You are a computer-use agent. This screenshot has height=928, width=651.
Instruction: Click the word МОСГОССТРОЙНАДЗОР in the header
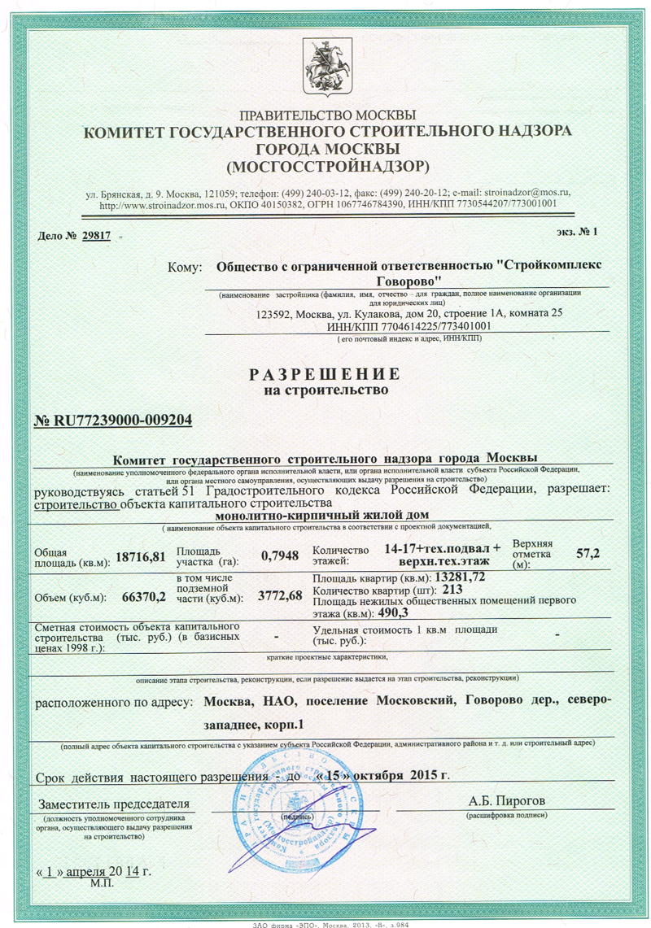coord(328,168)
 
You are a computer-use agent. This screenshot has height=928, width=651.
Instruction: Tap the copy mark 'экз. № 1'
coord(575,232)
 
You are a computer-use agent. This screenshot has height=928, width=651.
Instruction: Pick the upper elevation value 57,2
coord(587,553)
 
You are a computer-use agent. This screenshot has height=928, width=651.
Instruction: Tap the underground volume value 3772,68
coord(279,597)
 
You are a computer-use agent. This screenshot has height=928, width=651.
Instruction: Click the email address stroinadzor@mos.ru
coord(526,193)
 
